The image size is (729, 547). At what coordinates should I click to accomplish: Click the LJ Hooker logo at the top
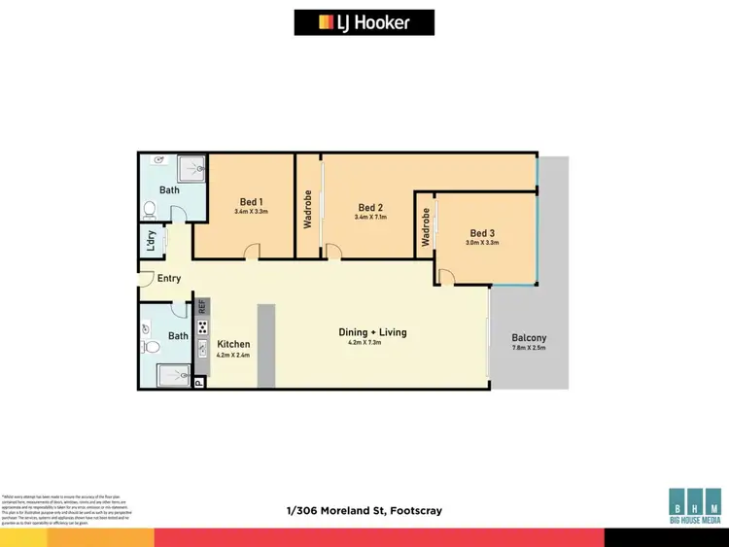coord(364,21)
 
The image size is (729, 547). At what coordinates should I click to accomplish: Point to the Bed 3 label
coord(483,233)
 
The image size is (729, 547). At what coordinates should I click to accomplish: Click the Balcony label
coord(529,339)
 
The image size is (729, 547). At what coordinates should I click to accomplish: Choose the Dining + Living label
coord(372,332)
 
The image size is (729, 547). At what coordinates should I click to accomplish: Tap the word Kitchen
coord(233,344)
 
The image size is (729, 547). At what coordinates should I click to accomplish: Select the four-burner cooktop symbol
coord(202,326)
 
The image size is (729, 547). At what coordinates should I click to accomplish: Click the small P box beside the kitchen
coord(199,384)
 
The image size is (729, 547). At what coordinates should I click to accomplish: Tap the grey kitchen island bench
coord(265,346)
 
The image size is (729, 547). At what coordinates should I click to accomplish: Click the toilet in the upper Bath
coord(150,208)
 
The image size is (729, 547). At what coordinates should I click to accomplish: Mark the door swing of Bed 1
coord(251,253)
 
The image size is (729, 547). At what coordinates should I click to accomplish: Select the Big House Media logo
coord(694,505)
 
